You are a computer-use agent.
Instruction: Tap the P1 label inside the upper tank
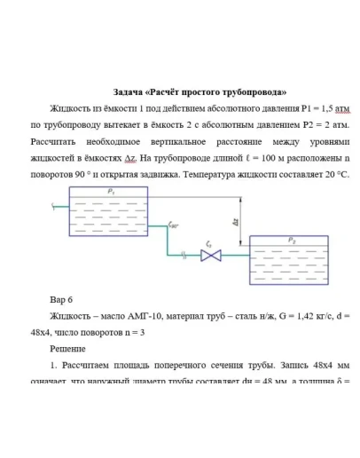110,191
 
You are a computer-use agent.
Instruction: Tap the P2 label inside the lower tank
292,241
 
